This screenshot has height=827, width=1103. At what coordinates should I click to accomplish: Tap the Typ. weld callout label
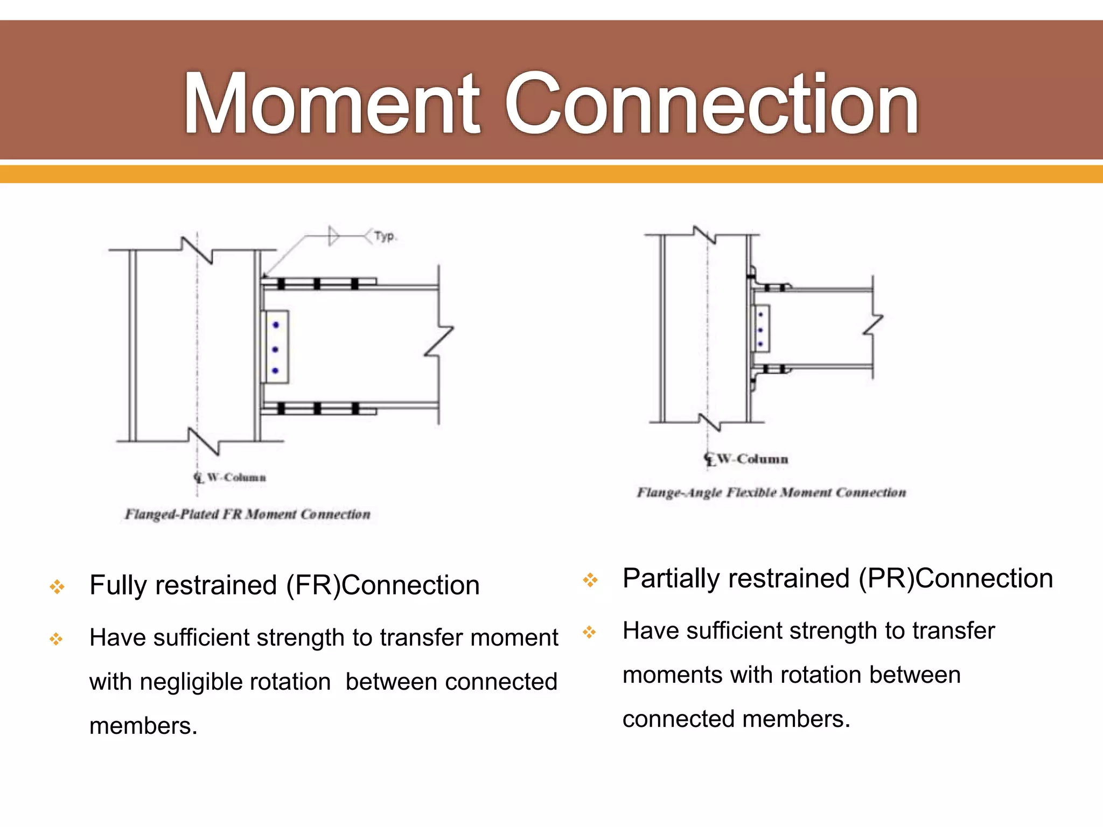[x=385, y=236]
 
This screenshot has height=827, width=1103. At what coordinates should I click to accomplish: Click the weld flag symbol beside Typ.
[x=334, y=236]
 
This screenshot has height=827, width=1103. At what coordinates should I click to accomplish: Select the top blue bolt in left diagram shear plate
[x=276, y=325]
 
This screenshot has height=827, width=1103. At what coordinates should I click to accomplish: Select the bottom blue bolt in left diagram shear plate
[x=275, y=370]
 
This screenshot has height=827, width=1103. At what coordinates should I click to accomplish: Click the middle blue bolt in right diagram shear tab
[x=760, y=330]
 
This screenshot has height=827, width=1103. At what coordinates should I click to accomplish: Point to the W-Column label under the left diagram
[x=236, y=478]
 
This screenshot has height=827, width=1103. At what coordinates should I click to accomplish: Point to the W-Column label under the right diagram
[x=752, y=459]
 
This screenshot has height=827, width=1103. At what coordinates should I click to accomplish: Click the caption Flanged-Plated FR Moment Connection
[x=248, y=514]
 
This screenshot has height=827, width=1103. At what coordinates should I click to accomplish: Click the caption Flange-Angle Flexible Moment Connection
[x=771, y=493]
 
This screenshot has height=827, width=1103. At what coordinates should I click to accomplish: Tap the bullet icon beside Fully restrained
[x=57, y=586]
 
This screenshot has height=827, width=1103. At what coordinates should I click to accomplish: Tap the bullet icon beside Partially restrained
[x=590, y=580]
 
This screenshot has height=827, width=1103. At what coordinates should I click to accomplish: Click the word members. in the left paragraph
[x=143, y=726]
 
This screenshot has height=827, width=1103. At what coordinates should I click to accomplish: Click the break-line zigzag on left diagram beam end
[x=439, y=341]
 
